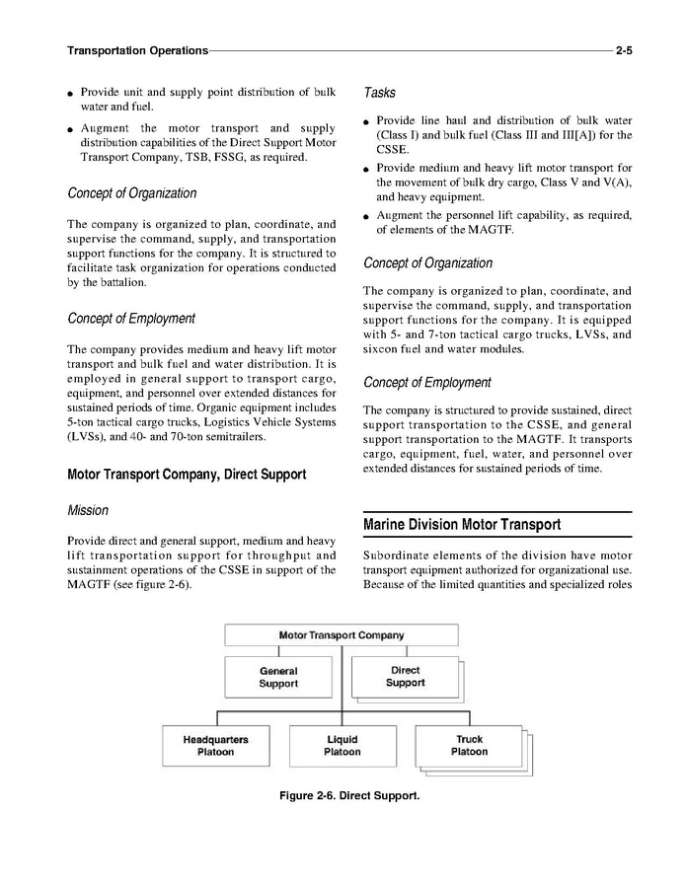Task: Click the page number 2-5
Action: pos(623,49)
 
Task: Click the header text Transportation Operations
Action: pos(137,49)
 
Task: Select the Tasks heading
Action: pos(379,93)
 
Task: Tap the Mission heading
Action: pos(88,511)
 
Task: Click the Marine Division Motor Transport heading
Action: pos(462,524)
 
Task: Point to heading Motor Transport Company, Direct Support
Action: pos(187,475)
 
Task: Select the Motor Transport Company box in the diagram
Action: pos(342,635)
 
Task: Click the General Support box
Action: pos(278,677)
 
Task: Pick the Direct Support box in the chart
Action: pos(405,676)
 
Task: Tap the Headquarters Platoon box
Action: pos(215,745)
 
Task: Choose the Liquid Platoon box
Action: pos(343,745)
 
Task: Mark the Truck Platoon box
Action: pos(469,745)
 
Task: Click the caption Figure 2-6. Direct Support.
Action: pos(342,794)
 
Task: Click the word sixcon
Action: pos(383,348)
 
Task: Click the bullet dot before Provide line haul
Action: pos(367,122)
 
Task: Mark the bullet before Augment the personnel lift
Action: pos(367,217)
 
